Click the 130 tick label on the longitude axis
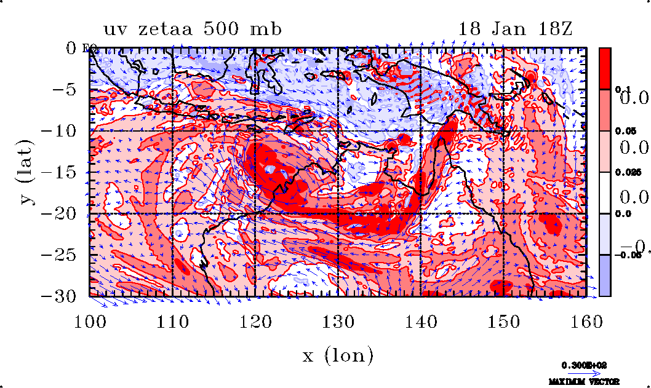pyautogui.click(x=338, y=320)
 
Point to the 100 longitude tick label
pyautogui.click(x=89, y=320)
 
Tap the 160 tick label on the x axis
pyautogui.click(x=586, y=320)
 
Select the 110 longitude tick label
pyautogui.click(x=172, y=320)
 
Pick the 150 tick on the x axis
pyautogui.click(x=503, y=320)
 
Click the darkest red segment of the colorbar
pyautogui.click(x=605, y=68)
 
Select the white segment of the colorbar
pyautogui.click(x=605, y=192)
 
